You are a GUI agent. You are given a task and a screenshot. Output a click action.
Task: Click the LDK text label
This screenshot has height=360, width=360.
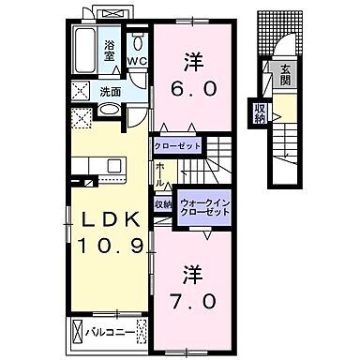[109, 217]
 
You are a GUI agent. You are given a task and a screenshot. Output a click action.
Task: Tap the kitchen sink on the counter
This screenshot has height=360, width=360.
[114, 166]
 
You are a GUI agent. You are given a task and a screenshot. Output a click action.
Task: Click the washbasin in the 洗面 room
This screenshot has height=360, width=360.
[109, 111]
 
